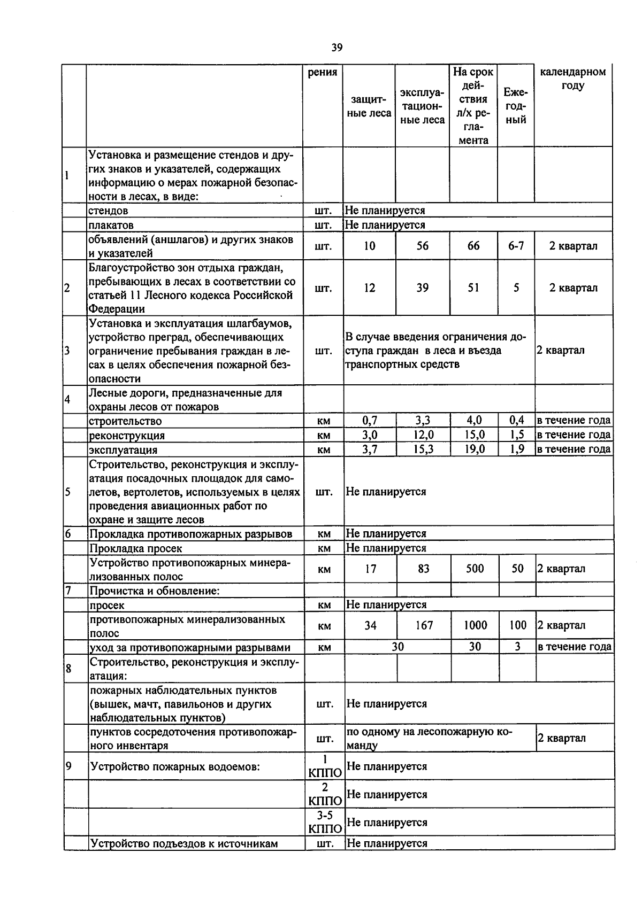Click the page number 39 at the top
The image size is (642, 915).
pos(337,48)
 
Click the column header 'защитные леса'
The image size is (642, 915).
pos(369,106)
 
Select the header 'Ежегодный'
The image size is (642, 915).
pos(516,106)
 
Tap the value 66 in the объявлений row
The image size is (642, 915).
pos(473,246)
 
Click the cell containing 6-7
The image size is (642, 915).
pos(516,246)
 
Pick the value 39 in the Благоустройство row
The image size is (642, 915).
pos(423,288)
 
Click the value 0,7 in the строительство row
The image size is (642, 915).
pos(370,421)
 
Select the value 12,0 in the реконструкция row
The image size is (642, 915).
pos(423,435)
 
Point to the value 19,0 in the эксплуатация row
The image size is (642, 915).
pos(475,449)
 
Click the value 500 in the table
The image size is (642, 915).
pos(475,569)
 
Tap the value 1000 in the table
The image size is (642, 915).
pos(475,625)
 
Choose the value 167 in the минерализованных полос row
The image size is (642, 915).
pos(424,625)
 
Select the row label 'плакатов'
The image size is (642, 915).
pos(111,226)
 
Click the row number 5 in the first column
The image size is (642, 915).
pos(68,492)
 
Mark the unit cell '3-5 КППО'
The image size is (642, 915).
pos(325,823)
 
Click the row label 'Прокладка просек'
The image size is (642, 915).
pos(136,548)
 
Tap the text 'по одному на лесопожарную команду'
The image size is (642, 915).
pos(429,738)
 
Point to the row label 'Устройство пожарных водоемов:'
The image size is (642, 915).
pos(175,767)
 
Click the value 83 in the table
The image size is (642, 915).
pos(423,569)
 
